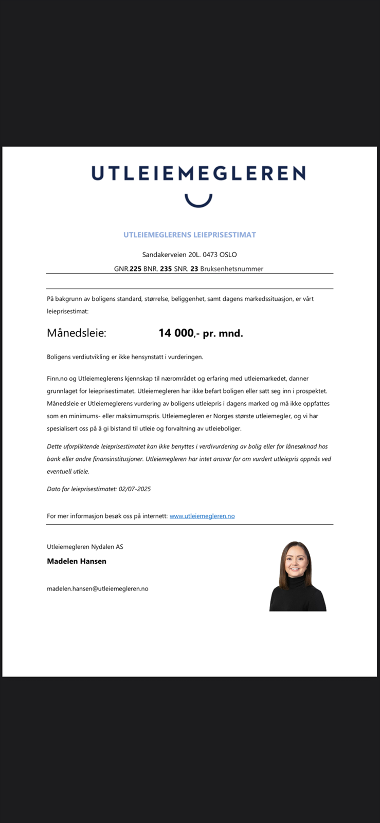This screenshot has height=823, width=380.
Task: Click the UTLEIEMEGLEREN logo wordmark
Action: tap(198, 173)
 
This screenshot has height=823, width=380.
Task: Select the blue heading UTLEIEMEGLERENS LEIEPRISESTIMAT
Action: tap(189, 235)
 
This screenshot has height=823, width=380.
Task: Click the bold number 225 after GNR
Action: tap(135, 269)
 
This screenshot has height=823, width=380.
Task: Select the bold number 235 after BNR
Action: tap(166, 269)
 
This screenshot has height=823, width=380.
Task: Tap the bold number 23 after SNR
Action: tap(194, 269)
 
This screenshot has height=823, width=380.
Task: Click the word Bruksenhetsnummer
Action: tap(231, 269)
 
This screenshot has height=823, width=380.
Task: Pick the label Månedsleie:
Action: tap(77, 333)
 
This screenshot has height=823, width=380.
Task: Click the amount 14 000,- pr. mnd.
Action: tap(201, 333)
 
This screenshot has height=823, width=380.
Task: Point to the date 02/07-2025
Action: tap(135, 489)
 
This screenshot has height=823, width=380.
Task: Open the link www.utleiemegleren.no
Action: tap(202, 516)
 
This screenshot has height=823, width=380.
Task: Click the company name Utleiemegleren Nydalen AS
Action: tap(85, 547)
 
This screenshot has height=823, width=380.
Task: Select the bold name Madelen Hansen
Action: tap(77, 561)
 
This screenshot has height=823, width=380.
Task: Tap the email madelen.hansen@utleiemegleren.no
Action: tap(98, 588)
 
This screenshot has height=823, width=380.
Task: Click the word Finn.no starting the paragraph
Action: tap(57, 379)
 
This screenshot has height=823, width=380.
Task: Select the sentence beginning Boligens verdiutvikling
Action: tap(125, 357)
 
